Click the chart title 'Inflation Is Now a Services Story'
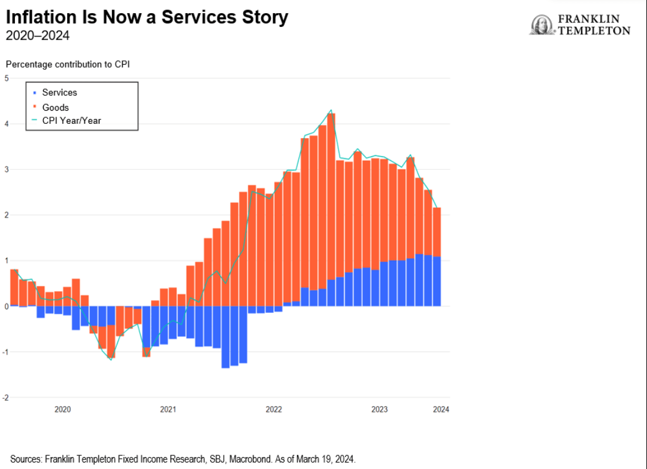(x=147, y=17)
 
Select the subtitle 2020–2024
(x=37, y=36)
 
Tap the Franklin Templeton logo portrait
(x=542, y=25)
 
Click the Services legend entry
(x=59, y=92)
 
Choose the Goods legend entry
(x=55, y=108)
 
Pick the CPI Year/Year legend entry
(x=71, y=121)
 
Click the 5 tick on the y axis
(x=6, y=78)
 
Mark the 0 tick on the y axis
(x=6, y=306)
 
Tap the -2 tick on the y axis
(x=5, y=397)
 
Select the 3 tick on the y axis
(x=6, y=169)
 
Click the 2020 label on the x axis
(x=62, y=410)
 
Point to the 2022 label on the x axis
(x=274, y=410)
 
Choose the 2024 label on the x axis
(x=441, y=410)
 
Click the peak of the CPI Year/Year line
(x=331, y=110)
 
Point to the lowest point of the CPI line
(x=111, y=360)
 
